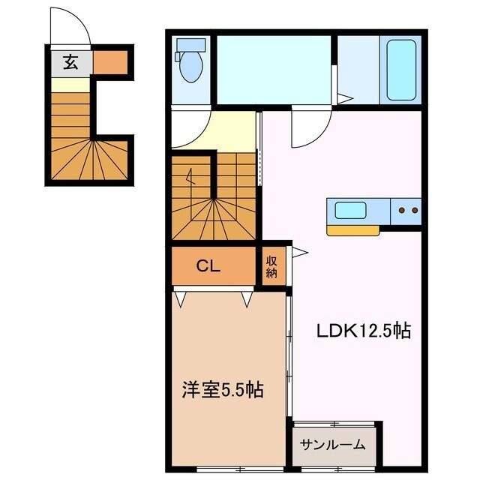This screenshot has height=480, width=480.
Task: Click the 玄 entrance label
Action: click(x=70, y=63)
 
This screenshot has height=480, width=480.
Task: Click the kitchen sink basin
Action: click(x=350, y=210)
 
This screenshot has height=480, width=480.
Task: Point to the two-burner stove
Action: click(x=409, y=211)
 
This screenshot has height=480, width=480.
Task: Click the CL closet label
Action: click(x=208, y=265)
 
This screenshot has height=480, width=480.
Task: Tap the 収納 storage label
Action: click(x=271, y=266)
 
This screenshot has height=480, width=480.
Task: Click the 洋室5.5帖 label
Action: click(x=223, y=390)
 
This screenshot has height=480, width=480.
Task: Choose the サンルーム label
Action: click(x=333, y=445)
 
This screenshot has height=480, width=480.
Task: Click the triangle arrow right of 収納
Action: click(x=298, y=253)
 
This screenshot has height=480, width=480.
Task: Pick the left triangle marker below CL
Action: click(x=181, y=299)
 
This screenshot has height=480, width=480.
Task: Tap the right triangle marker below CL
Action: click(x=247, y=299)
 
